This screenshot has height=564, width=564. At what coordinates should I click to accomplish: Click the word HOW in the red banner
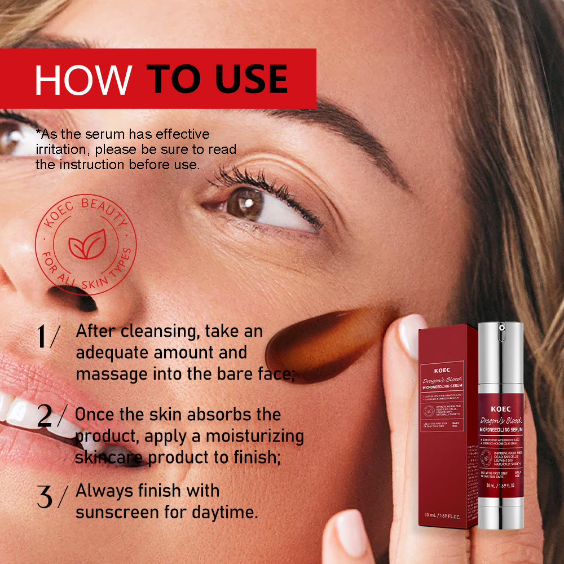coord(83,79)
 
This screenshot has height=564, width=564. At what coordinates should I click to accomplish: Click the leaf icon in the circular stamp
coord(86,246)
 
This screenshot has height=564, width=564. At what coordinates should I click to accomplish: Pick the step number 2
coord(45,416)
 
